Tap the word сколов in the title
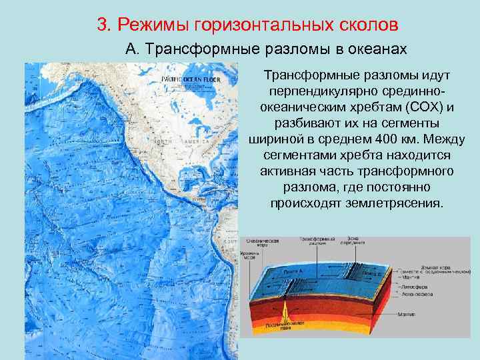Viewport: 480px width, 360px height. (365, 25)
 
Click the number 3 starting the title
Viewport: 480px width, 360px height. (102, 25)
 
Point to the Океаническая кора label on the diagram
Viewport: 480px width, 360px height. (258, 241)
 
